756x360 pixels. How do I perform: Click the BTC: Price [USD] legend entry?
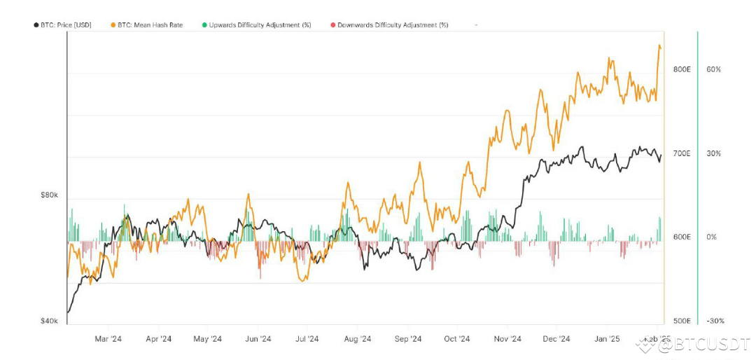pyautogui.click(x=62, y=25)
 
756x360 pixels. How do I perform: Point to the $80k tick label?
pyautogui.click(x=49, y=195)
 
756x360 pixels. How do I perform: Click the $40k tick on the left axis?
pyautogui.click(x=49, y=321)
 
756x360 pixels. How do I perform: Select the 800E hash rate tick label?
pyautogui.click(x=682, y=69)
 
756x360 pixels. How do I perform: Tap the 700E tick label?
pyautogui.click(x=682, y=153)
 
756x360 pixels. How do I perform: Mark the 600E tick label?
pyautogui.click(x=682, y=237)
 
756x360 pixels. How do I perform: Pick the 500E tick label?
pyautogui.click(x=682, y=321)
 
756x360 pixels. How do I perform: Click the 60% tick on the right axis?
pyautogui.click(x=713, y=69)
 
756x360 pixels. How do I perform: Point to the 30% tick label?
pyautogui.click(x=713, y=153)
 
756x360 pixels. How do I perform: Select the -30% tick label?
pyautogui.click(x=715, y=321)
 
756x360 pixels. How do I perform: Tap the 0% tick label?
pyautogui.click(x=711, y=237)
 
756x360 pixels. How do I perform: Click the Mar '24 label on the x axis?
pyautogui.click(x=108, y=339)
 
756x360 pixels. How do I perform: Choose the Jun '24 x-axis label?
pyautogui.click(x=258, y=339)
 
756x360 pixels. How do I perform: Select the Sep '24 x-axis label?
pyautogui.click(x=407, y=339)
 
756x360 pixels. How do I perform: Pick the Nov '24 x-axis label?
pyautogui.click(x=507, y=339)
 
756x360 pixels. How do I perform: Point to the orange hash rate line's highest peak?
pyautogui.click(x=659, y=46)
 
